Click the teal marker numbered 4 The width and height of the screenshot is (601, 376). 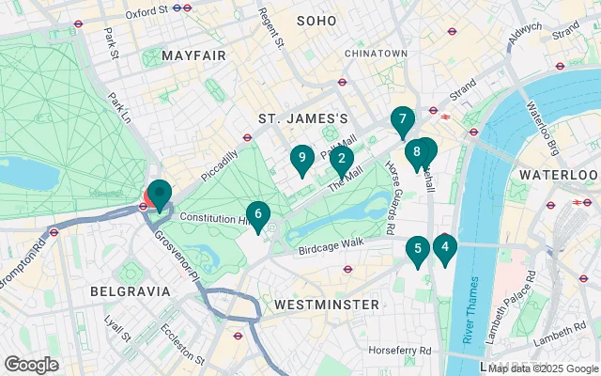444,248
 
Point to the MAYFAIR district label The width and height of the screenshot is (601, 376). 193,56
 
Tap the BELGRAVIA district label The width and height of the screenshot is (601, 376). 130,291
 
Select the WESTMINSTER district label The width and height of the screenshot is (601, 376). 327,305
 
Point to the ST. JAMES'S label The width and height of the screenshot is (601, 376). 303,118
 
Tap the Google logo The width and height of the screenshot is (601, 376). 32,364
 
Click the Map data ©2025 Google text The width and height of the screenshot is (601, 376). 541,368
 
